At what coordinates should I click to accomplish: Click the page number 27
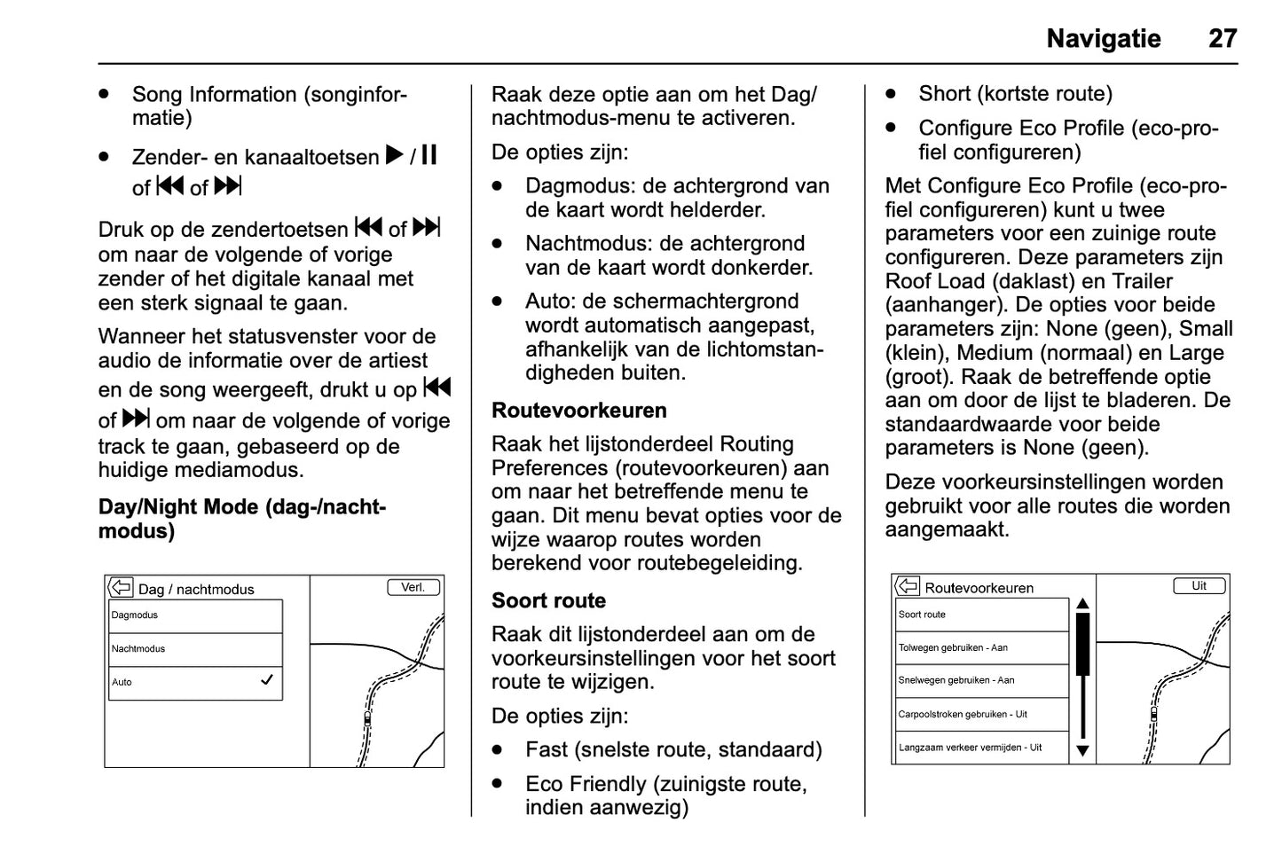coord(1222,39)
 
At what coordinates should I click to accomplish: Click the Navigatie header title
coord(1103,39)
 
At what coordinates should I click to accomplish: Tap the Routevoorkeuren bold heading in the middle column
coord(578,411)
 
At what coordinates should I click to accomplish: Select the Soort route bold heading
coord(548,601)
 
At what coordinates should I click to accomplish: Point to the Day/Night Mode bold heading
coord(241,519)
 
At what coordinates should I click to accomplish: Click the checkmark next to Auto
coord(266,680)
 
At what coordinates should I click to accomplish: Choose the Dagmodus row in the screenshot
coord(195,615)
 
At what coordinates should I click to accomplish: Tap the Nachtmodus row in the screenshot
coord(195,649)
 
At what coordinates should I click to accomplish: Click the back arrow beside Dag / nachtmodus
coord(121,587)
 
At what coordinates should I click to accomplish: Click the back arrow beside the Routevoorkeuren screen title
coord(907,586)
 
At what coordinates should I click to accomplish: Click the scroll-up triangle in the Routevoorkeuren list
coord(1082,604)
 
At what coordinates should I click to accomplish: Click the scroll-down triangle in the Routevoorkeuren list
coord(1082,750)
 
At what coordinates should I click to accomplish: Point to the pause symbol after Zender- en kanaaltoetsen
coord(429,156)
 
